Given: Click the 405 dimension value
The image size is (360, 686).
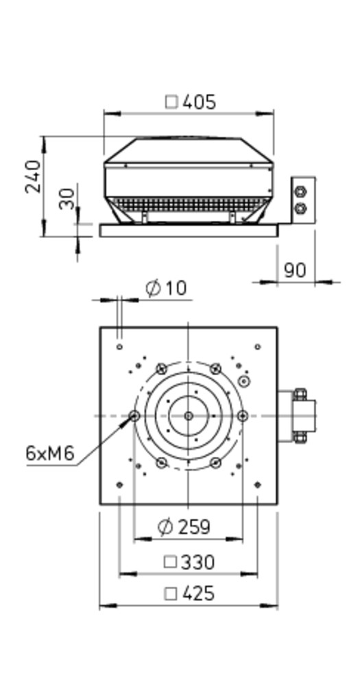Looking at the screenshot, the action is coord(199,102).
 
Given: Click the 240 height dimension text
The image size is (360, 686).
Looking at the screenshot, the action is coord(33,176).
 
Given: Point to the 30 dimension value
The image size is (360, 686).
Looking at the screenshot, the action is coord(67,199).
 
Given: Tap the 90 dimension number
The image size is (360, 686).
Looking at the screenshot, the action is coord(296,270).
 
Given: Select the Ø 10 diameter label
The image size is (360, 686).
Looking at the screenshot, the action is coord(166,288).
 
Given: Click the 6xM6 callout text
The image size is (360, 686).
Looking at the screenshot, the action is coord(50,453).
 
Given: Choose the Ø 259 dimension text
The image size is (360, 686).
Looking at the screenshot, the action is coord(184,527).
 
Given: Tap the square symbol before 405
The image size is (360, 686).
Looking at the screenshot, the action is coord(171,102).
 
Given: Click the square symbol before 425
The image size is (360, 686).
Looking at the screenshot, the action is coord(171,594).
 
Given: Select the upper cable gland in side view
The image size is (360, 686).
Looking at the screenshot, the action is coord(300,191).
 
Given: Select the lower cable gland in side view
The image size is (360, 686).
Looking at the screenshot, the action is coord(300,209).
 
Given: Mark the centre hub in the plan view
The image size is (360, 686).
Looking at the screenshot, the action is coord(189,416).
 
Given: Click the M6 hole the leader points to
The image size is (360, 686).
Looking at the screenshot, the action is coord(134,416).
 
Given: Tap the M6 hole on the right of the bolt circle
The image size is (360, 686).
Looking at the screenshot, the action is coord(243,416).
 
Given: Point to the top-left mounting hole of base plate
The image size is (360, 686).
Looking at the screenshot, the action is coord(119,347).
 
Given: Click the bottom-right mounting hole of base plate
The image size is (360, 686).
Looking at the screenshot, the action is coord(258,485).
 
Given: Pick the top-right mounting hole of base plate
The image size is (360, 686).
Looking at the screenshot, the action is coord(258,347).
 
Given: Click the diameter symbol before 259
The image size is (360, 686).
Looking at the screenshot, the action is coord(165,527).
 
